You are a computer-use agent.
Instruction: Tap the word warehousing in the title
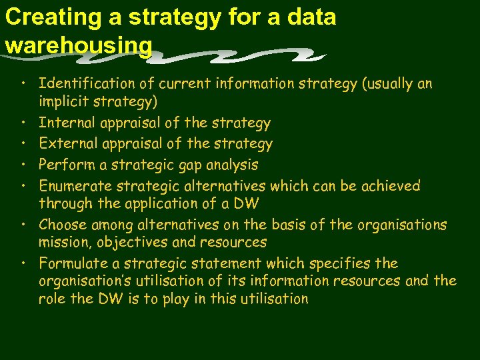coord(79,45)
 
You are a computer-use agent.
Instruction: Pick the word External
coord(67,144)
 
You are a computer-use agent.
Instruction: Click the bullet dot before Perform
coord(23,165)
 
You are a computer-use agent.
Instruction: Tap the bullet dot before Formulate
coord(23,263)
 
